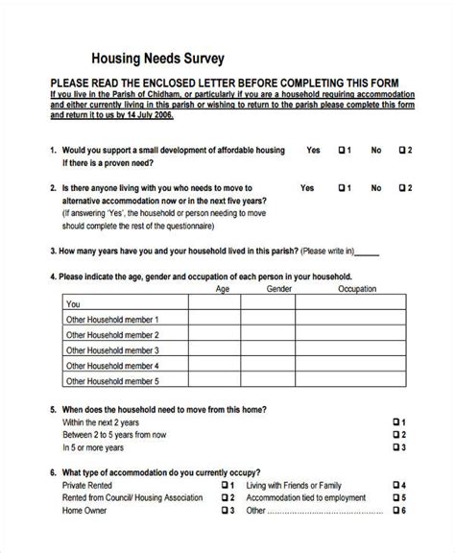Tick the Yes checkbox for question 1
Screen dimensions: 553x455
pyautogui.click(x=342, y=151)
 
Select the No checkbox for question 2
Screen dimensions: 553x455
pyautogui.click(x=402, y=188)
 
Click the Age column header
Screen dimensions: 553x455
pyautogui.click(x=223, y=288)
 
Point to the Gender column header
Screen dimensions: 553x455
pyautogui.click(x=279, y=288)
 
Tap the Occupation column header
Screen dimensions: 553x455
pyautogui.click(x=356, y=288)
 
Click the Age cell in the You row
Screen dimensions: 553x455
pyautogui.click(x=213, y=302)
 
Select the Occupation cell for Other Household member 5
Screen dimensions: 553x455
pyautogui.click(x=361, y=381)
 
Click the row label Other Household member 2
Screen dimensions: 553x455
pyautogui.click(x=110, y=334)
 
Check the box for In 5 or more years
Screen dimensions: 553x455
pyautogui.click(x=396, y=447)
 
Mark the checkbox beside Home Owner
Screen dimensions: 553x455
pyautogui.click(x=227, y=512)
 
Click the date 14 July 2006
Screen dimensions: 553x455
pyautogui.click(x=141, y=113)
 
